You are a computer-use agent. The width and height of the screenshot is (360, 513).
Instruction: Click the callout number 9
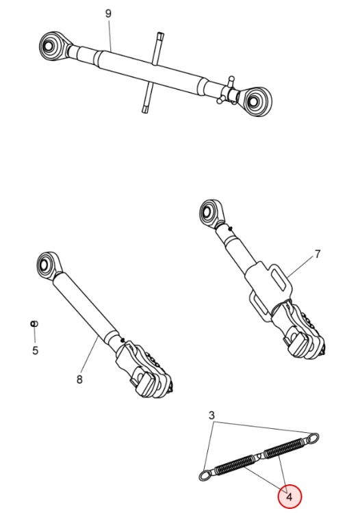coord(108,14)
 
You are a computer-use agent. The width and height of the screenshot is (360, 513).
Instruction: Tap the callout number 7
coord(317,254)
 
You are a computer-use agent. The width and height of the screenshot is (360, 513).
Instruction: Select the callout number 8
coord(79,380)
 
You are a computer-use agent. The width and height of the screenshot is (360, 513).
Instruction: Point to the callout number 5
coord(36,350)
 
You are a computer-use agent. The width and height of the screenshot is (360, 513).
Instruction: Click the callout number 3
coord(211,415)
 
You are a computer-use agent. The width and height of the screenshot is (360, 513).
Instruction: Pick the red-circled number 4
coord(290,497)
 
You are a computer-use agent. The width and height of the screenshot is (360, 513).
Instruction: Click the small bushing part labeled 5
coord(34,324)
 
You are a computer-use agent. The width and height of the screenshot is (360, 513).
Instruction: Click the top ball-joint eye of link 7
coord(210,212)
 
